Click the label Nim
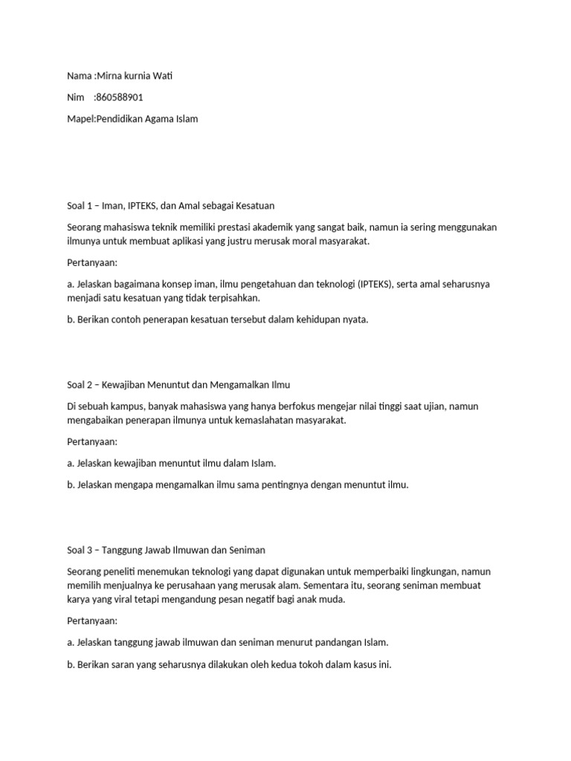point(74,97)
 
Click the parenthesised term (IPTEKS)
point(378,284)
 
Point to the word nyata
point(355,320)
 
